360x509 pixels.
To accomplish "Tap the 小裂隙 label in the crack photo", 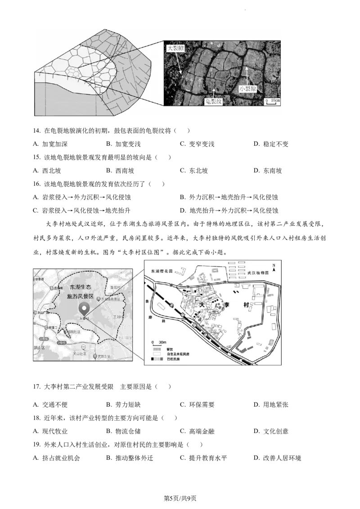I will [247, 89].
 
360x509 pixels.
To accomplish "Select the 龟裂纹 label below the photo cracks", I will [213, 102].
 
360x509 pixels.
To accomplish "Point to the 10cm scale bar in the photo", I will [272, 101].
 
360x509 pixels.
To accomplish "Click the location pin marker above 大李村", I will [84, 308].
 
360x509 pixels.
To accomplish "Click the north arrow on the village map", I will [273, 268].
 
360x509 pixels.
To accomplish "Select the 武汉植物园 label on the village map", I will [258, 272].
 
